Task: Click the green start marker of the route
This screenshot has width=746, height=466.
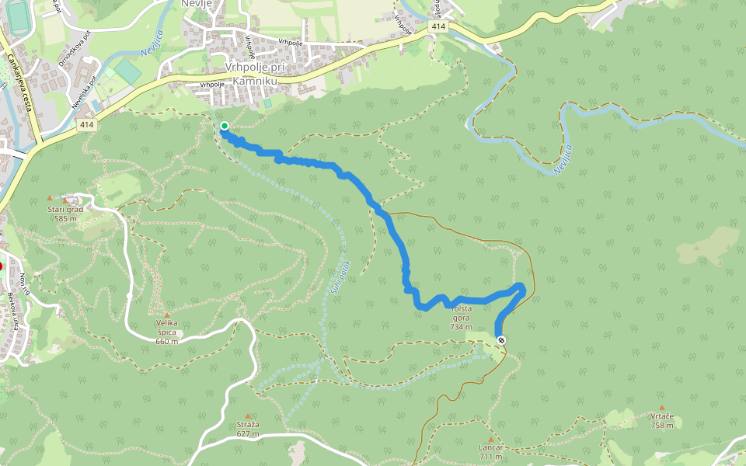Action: (x=224, y=126)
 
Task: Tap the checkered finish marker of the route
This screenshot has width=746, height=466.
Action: (x=501, y=339)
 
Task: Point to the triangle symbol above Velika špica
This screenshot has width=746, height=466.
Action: (x=166, y=315)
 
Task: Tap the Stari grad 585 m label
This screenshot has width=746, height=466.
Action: (x=65, y=214)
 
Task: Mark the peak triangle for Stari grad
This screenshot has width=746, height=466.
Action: (x=51, y=199)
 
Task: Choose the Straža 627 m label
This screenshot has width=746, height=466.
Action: (x=248, y=429)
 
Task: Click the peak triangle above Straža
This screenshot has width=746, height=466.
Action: (x=248, y=416)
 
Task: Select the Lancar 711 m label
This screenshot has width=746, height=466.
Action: (x=491, y=452)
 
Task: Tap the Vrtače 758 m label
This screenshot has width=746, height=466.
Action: (x=662, y=420)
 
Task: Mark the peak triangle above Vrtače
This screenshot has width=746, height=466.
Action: (x=662, y=407)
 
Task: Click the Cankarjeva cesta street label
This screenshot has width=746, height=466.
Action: (x=22, y=82)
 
